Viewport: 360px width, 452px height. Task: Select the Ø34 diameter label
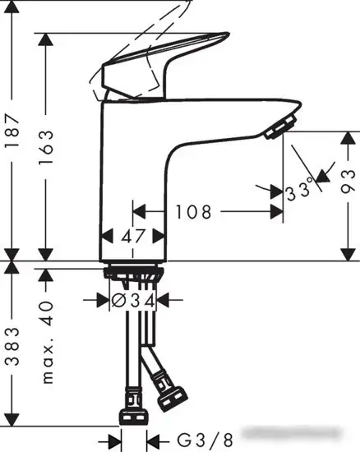pyautogui.click(x=132, y=302)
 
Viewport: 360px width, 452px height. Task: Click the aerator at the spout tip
pyautogui.click(x=280, y=125)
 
